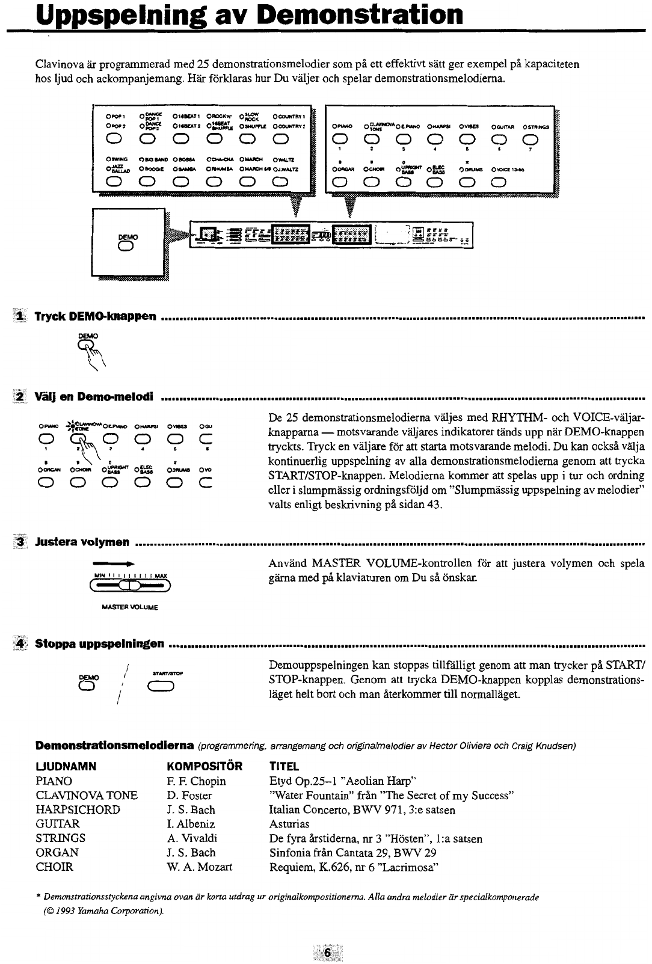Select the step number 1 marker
(21, 316)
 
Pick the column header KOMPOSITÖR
(203, 767)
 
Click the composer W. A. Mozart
(199, 867)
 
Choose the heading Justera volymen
(82, 542)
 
